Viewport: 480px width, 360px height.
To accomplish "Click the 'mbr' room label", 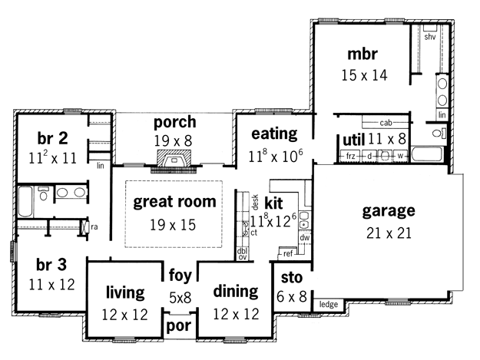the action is click(x=362, y=54).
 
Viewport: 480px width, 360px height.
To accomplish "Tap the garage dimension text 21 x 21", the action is click(x=389, y=233).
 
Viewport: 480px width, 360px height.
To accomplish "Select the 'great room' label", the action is click(x=174, y=202).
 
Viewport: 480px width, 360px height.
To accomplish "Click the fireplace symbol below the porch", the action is click(x=174, y=158).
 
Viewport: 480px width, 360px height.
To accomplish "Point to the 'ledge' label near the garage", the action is click(x=329, y=304).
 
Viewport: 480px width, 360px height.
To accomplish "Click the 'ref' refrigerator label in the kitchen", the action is click(x=288, y=253).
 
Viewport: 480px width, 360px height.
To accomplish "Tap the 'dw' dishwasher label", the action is click(x=305, y=238).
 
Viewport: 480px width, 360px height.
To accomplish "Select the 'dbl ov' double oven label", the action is click(x=242, y=254).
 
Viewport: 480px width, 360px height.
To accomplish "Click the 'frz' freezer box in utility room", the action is click(x=351, y=157).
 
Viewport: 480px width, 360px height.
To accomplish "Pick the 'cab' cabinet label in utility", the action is click(x=386, y=123).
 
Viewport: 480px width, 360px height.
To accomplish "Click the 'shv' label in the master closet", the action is click(x=430, y=37).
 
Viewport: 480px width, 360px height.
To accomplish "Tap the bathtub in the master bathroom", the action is click(x=427, y=154).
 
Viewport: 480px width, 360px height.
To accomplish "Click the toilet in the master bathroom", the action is click(x=439, y=134).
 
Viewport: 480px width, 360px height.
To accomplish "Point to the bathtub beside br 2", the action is click(x=25, y=202).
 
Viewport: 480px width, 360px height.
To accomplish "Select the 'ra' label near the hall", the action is click(x=94, y=227).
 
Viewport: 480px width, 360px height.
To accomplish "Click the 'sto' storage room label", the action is click(x=292, y=278).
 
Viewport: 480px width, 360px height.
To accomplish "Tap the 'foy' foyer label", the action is click(x=180, y=276).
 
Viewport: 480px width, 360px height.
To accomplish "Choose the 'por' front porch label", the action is click(x=179, y=326).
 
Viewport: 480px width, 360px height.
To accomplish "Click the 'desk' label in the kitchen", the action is click(x=255, y=202).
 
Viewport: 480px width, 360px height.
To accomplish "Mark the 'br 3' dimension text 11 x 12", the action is click(x=51, y=285).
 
